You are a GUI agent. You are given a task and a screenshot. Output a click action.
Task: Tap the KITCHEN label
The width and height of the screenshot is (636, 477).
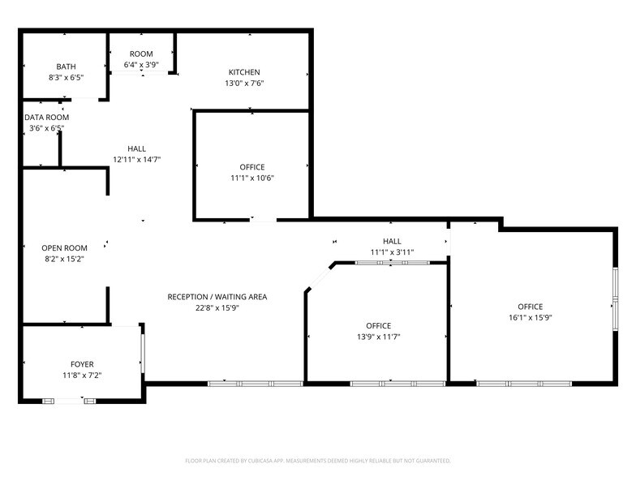pos(244,72)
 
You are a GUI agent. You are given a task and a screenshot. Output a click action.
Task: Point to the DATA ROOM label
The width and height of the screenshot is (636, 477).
pos(46,117)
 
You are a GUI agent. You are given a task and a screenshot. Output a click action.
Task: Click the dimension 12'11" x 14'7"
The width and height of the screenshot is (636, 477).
pos(136,160)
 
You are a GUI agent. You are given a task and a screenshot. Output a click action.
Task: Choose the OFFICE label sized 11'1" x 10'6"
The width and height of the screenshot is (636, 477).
pos(252,167)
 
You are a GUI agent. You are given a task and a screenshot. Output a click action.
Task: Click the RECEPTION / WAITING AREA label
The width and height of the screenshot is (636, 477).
pos(217,297)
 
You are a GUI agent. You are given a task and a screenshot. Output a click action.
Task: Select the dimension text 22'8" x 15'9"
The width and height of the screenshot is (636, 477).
pos(217,308)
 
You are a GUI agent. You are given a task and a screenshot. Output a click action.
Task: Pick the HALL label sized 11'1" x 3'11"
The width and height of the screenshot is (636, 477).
pos(392,241)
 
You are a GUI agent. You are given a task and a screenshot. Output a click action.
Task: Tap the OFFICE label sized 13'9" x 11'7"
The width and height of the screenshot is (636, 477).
pos(378,325)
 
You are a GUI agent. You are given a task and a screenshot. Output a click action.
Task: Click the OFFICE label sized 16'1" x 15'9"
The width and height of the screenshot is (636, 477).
pos(530,306)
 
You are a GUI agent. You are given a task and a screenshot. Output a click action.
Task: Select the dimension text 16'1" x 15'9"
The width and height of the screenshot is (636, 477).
pos(530,317)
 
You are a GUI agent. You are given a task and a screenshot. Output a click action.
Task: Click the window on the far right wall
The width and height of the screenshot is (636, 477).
pos(615,299)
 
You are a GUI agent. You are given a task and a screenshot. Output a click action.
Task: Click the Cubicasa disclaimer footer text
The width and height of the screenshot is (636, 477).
pos(317,460)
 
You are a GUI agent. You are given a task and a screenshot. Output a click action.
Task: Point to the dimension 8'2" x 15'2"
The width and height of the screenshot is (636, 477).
pos(64,259)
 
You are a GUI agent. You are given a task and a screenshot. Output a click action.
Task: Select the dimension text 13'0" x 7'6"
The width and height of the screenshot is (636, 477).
pos(244,84)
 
